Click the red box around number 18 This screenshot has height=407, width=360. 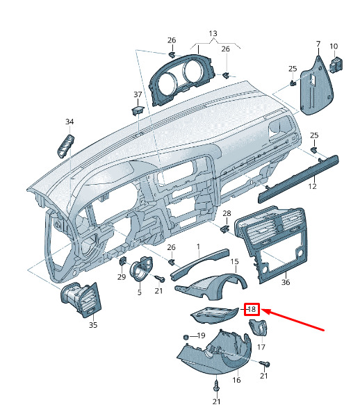[x=252, y=309]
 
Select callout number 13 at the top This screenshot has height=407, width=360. [x=213, y=33]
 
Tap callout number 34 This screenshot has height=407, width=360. [x=69, y=122]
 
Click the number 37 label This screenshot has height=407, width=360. [x=138, y=94]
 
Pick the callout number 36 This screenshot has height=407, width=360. [x=286, y=282]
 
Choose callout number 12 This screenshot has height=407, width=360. [x=313, y=186]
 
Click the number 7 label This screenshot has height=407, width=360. [x=318, y=44]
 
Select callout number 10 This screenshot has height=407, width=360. [x=334, y=47]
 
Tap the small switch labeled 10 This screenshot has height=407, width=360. [x=336, y=64]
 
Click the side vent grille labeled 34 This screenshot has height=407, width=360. [x=65, y=146]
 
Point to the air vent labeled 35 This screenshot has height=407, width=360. [x=81, y=299]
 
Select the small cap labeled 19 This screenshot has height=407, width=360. [x=186, y=337]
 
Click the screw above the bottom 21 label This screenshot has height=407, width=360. [x=216, y=388]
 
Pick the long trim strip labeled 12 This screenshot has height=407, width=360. [x=299, y=178]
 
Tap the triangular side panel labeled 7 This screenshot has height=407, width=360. [x=316, y=86]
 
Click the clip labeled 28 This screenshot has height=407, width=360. [x=225, y=229]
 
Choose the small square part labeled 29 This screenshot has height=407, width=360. [x=122, y=261]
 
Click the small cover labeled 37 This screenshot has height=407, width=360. [x=138, y=110]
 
